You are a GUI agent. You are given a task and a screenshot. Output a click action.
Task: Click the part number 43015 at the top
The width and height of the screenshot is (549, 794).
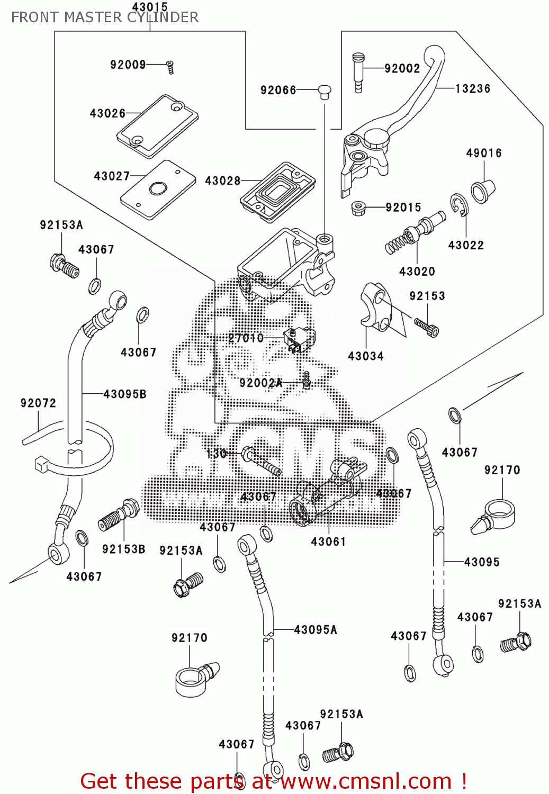click(x=150, y=7)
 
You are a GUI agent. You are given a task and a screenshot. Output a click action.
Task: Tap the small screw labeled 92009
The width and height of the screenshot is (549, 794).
click(x=170, y=67)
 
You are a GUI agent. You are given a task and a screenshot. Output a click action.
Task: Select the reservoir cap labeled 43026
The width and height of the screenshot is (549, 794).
click(x=158, y=126)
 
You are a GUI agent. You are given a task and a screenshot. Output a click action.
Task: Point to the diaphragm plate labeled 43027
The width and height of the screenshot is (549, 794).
click(x=158, y=190)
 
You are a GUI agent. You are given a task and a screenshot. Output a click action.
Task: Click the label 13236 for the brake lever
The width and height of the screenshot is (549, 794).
click(x=473, y=88)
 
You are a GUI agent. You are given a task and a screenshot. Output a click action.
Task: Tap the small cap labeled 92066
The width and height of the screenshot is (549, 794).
click(x=325, y=92)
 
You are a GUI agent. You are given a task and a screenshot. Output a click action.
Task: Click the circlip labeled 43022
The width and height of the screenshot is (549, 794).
click(x=459, y=205)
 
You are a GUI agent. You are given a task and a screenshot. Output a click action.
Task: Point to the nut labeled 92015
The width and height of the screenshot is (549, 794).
click(x=360, y=207)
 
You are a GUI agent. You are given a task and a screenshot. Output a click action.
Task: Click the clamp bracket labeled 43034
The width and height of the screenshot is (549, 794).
click(x=376, y=307)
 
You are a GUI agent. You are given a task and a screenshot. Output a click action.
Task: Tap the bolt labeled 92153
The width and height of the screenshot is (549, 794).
click(x=427, y=328)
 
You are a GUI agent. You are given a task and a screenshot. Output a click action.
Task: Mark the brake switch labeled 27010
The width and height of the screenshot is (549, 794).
click(x=299, y=339)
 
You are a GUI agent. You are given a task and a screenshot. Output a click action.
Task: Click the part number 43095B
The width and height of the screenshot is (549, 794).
click(x=125, y=394)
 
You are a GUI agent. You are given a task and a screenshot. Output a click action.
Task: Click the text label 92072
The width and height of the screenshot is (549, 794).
click(x=38, y=403)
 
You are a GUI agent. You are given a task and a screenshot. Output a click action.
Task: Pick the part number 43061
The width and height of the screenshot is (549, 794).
click(x=328, y=542)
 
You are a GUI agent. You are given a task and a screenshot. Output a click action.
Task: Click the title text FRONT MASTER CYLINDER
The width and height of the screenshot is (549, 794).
click(x=105, y=17)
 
